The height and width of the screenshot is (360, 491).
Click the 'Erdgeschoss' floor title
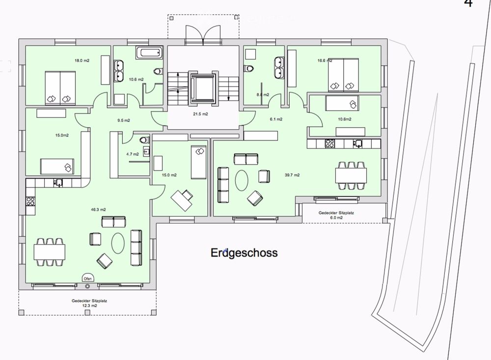point(244,253)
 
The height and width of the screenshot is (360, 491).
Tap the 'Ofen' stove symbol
point(88,278)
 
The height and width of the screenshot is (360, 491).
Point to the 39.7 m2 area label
point(292,174)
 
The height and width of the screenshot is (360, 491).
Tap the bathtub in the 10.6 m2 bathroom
point(148,52)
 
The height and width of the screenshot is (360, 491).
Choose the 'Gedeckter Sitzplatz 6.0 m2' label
point(336,215)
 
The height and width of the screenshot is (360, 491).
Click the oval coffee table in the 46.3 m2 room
point(119,242)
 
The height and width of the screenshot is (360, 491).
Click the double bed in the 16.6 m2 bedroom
point(343,75)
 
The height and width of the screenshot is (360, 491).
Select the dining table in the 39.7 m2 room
point(351,174)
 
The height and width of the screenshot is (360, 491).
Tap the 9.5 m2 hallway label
point(124,120)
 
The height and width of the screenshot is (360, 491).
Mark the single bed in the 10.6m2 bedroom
point(342,104)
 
